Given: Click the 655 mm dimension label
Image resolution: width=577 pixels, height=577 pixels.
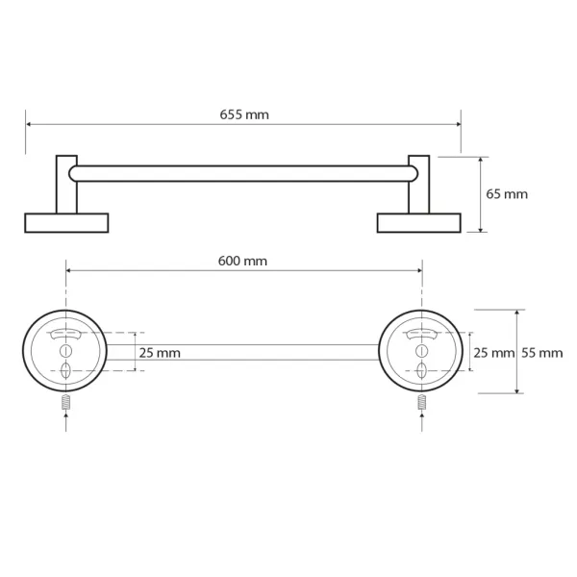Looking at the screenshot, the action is pyautogui.click(x=244, y=114).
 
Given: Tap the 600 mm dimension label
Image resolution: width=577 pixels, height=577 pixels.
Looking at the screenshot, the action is pyautogui.click(x=242, y=262).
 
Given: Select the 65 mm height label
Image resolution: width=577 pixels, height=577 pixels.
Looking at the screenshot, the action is pyautogui.click(x=507, y=194).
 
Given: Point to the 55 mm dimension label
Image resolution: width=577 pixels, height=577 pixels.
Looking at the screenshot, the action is pyautogui.click(x=542, y=353).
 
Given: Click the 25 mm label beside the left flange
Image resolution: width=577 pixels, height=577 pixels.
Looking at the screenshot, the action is pyautogui.click(x=160, y=353).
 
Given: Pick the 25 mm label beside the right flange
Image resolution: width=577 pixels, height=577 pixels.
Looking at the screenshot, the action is pyautogui.click(x=494, y=353).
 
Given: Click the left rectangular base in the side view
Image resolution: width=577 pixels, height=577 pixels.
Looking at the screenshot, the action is pyautogui.click(x=66, y=223).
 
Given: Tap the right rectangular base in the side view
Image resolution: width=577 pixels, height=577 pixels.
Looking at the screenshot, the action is pyautogui.click(x=419, y=223).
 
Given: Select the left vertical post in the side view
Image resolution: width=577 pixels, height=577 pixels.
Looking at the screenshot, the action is pyautogui.click(x=66, y=185).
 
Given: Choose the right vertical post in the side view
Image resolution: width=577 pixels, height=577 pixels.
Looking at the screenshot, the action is pyautogui.click(x=419, y=185).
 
